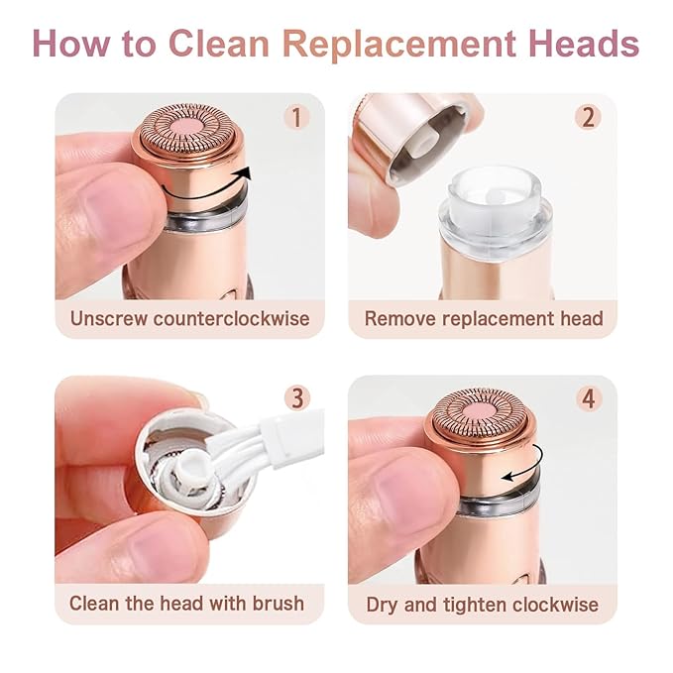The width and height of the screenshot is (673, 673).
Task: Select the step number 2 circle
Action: pyautogui.click(x=589, y=117)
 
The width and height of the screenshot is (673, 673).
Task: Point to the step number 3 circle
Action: pyautogui.click(x=296, y=399)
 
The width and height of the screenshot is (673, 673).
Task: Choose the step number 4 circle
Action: pyautogui.click(x=590, y=399)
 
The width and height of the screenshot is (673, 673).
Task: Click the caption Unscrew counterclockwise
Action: pyautogui.click(x=189, y=318)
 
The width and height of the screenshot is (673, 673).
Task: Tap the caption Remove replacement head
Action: pyautogui.click(x=484, y=318)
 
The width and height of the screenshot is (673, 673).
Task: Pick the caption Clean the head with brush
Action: pyautogui.click(x=187, y=603)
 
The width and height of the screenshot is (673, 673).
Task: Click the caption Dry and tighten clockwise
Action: pyautogui.click(x=483, y=603)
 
